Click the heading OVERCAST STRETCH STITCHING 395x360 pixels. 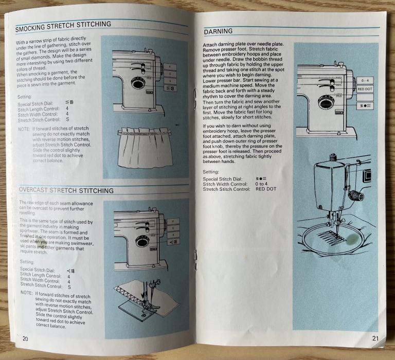(x=66, y=190)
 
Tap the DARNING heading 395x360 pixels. (x=218, y=31)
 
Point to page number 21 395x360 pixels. (x=374, y=338)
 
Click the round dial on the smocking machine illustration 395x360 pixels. (x=137, y=82)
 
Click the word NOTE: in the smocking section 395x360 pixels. (x=24, y=129)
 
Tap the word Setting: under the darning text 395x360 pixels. (x=212, y=171)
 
